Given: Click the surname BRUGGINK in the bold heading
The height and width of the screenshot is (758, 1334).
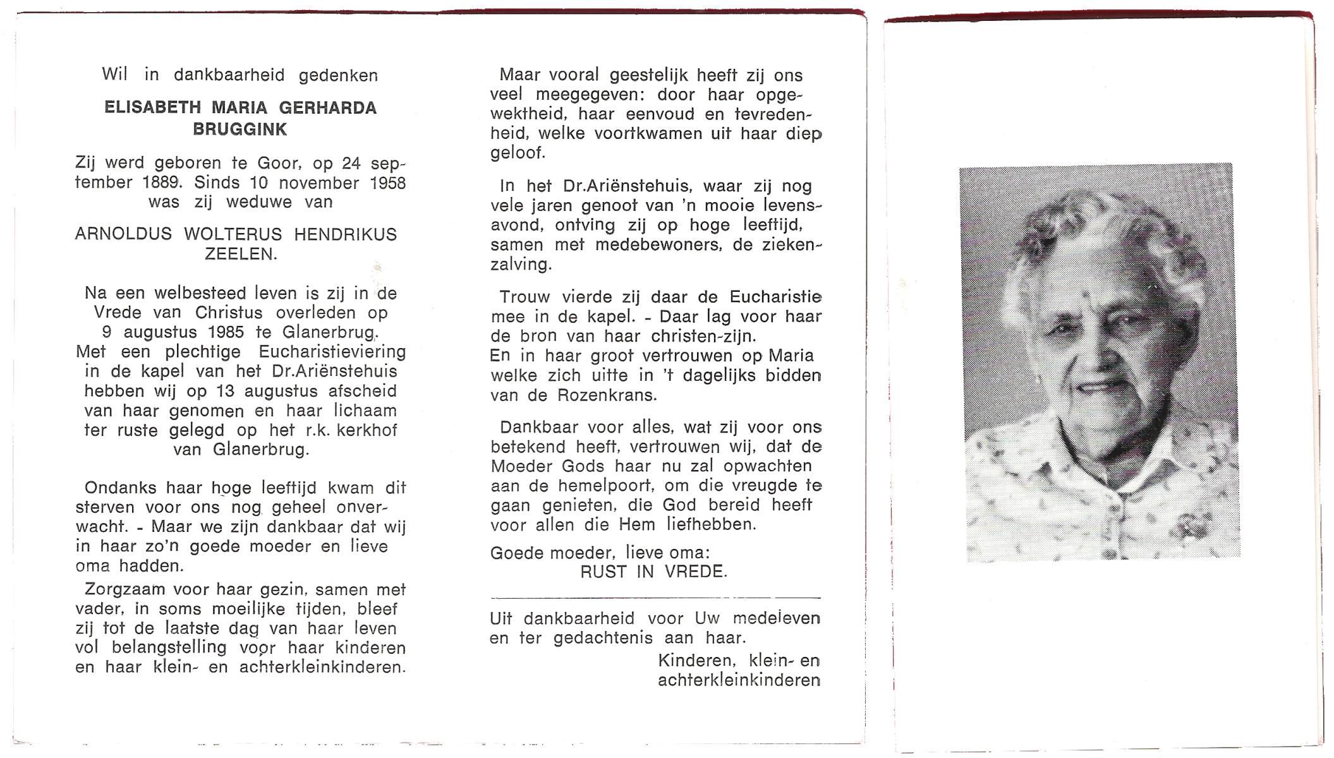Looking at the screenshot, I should (240, 129).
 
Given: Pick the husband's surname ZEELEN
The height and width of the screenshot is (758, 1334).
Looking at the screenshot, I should (240, 254).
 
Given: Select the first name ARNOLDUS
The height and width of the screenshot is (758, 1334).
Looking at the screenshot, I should (123, 234).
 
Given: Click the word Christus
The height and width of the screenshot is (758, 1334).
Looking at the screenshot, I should (229, 313).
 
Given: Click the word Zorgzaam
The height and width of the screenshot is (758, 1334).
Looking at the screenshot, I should (121, 590).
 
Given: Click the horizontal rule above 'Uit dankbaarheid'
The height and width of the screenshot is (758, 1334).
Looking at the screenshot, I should (655, 598).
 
